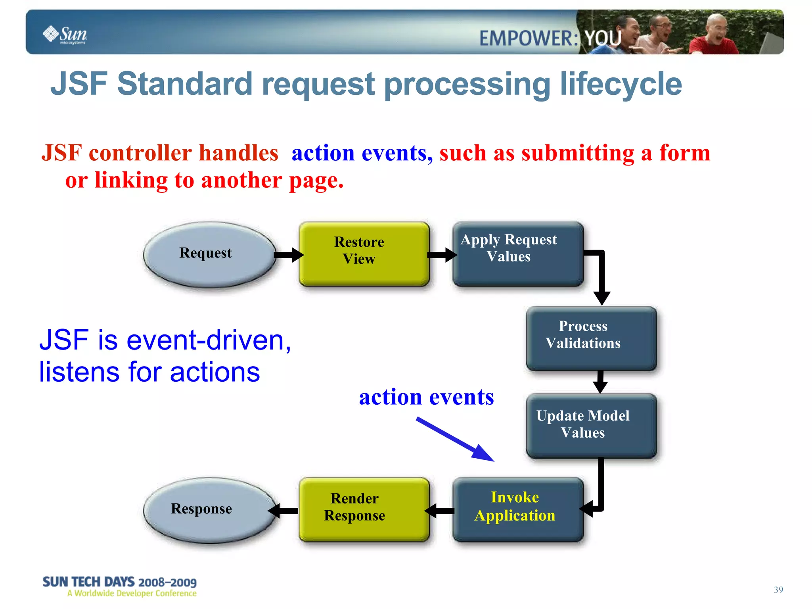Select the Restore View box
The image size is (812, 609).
tap(364, 254)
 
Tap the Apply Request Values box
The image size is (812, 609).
tap(517, 254)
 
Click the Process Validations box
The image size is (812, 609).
tap(591, 338)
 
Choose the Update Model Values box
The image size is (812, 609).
tap(591, 426)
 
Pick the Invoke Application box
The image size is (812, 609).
tap(517, 509)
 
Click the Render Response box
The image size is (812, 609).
tap(364, 509)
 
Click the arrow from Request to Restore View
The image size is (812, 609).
tap(288, 255)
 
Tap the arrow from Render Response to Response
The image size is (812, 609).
tap(283, 511)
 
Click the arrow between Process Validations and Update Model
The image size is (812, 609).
tap(600, 382)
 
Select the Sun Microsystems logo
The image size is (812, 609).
tap(65, 35)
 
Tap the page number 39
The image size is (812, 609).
tap(778, 590)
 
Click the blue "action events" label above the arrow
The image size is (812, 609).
tap(426, 397)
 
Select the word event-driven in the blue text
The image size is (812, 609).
tap(208, 340)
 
